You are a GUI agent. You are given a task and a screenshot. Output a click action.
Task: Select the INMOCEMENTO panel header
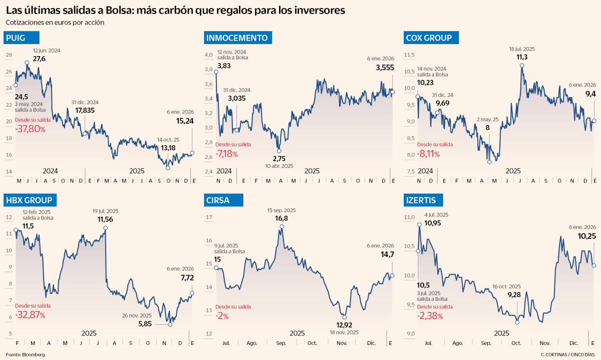click(x=236, y=38)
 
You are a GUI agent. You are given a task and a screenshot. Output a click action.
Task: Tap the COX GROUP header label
click(x=429, y=38)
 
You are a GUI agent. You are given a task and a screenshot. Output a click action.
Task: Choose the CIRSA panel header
click(x=218, y=201)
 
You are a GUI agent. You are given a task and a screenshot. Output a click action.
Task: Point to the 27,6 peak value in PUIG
click(x=39, y=59)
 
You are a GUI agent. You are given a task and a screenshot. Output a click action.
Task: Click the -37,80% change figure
click(x=30, y=129)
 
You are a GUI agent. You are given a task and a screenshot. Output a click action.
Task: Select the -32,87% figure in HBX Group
click(x=30, y=315)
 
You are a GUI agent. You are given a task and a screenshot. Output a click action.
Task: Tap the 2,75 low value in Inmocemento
click(x=278, y=158)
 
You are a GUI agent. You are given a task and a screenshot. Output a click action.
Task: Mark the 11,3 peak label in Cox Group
click(x=522, y=57)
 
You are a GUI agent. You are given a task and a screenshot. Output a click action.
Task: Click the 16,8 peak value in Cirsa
click(x=281, y=218)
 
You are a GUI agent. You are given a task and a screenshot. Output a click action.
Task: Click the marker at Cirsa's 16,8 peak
click(x=281, y=227)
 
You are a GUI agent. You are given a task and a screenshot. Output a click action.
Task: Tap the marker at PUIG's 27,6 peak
click(x=27, y=63)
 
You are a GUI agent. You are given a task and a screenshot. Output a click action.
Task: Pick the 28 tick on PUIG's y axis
click(x=9, y=55)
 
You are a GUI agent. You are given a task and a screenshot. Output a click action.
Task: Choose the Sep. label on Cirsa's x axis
click(x=281, y=344)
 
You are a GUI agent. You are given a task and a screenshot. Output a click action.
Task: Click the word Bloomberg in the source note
click(x=33, y=354)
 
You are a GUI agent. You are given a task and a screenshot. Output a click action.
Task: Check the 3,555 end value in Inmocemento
click(x=384, y=68)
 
